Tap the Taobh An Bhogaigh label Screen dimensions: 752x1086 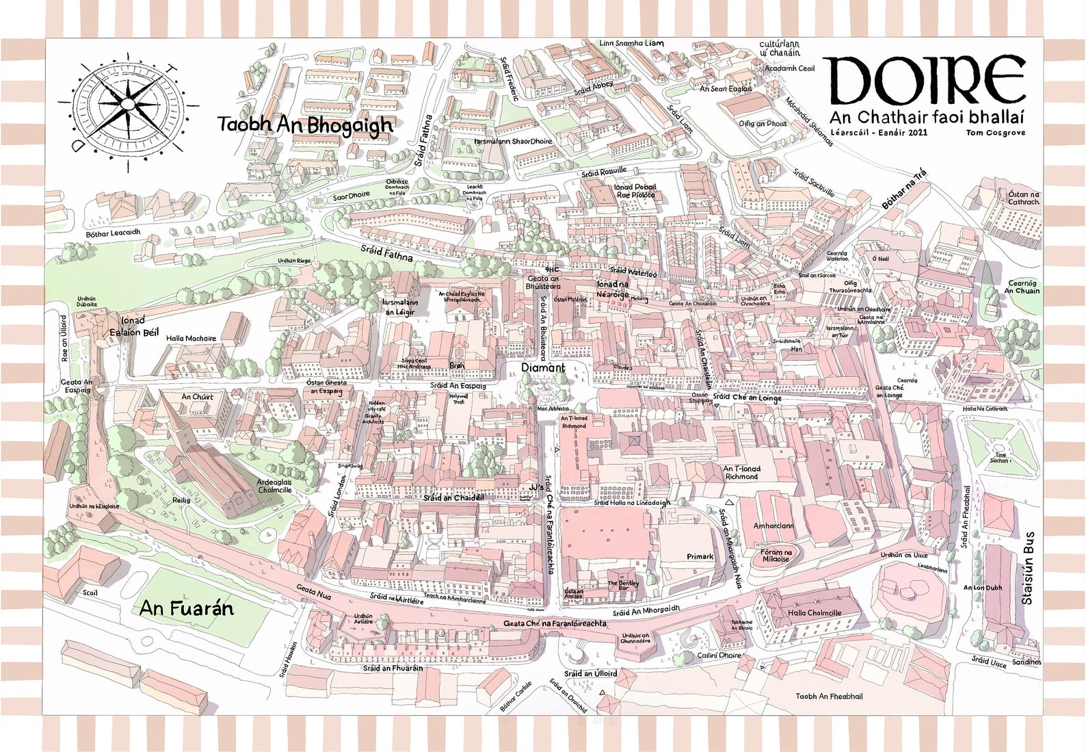click(305, 125)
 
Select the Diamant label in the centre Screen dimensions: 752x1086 click(543, 367)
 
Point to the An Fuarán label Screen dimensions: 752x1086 click(187, 608)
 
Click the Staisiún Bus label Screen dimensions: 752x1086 click(1027, 568)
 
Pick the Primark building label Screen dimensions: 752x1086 click(700, 556)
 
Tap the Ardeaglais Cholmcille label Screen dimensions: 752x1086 click(274, 486)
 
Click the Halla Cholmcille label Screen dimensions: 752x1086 click(814, 612)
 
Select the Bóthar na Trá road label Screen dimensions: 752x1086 click(903, 190)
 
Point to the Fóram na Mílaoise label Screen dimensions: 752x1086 click(776, 556)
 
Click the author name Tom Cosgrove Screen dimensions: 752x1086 click(996, 133)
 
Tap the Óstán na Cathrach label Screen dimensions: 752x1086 click(1024, 198)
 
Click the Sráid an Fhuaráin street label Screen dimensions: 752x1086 click(393, 668)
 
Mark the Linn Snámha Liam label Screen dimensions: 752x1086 click(631, 43)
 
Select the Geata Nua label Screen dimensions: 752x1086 click(314, 592)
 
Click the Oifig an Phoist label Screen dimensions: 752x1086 click(763, 124)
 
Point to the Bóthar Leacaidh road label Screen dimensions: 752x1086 click(113, 233)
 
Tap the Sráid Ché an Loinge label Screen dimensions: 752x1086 click(747, 398)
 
